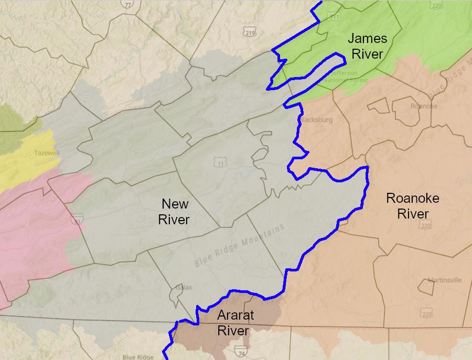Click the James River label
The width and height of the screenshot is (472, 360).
click(368, 46)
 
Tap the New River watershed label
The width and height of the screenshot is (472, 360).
click(175, 212)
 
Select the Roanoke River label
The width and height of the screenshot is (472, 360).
click(413, 206)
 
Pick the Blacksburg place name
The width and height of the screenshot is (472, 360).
click(316, 120)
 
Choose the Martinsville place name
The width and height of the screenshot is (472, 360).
click(444, 280)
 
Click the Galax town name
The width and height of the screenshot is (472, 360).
click(181, 288)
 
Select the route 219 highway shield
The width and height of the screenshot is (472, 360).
click(250, 32)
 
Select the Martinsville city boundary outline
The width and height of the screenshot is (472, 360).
click(424, 286)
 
